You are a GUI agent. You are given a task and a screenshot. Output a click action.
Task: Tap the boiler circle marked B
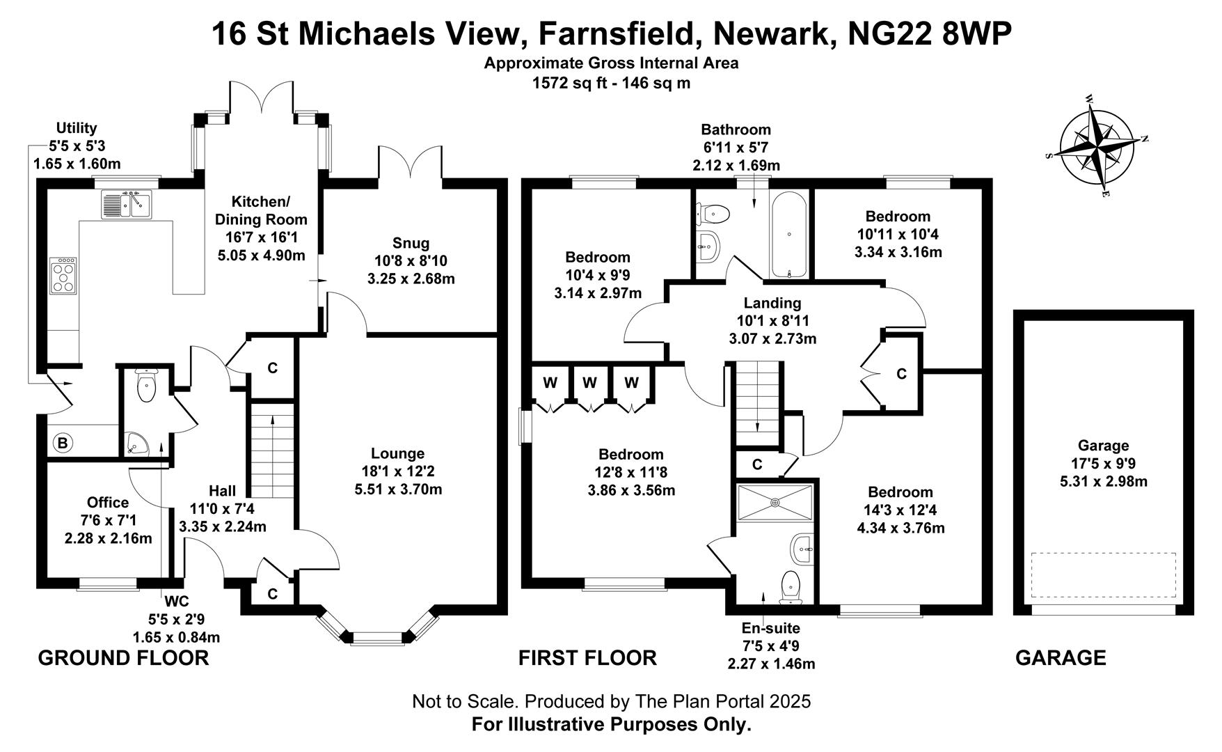(x=63, y=443)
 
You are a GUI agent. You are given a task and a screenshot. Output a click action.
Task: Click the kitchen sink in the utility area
(x=127, y=204)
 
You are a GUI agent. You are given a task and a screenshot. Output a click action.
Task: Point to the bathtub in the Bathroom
(x=788, y=235)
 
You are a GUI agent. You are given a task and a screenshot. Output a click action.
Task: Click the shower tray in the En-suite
(x=775, y=501)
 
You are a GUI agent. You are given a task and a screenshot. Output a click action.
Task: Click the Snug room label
(x=411, y=243)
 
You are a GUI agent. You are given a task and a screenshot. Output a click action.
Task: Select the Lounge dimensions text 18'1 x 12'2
(x=398, y=471)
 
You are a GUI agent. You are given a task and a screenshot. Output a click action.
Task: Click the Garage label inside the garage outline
(x=1103, y=446)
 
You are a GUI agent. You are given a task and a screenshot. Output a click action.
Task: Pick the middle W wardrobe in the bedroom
(x=589, y=382)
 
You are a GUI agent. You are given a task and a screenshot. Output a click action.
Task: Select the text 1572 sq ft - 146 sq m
(x=611, y=83)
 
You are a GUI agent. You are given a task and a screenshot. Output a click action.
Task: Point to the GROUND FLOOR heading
(x=123, y=657)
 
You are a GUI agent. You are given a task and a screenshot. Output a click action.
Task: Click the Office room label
(x=108, y=502)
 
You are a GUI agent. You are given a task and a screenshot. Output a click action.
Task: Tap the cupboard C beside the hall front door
(x=273, y=593)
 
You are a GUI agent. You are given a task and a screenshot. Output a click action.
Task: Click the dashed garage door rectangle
(x=1103, y=575)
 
